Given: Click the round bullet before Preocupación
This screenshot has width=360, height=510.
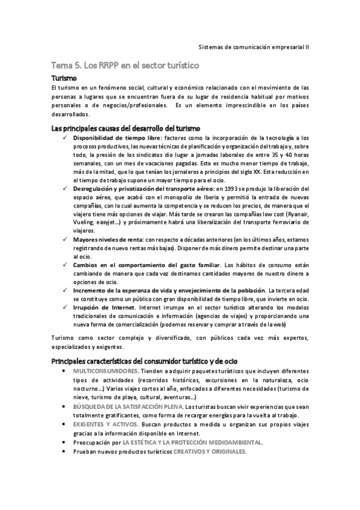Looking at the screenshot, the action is point(64,443).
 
